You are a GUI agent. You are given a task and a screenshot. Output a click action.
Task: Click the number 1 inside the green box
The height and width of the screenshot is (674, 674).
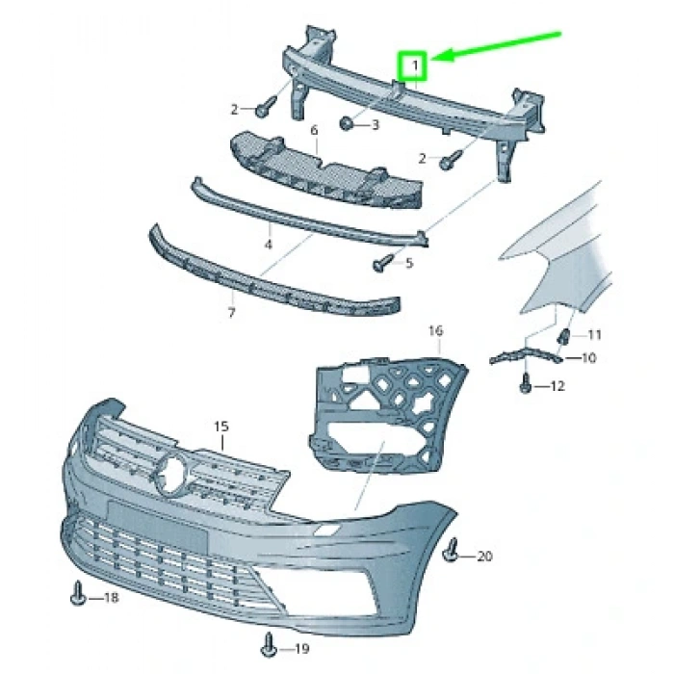pos(415,66)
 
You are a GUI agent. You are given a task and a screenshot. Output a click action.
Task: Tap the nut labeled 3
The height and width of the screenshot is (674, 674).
pos(348,123)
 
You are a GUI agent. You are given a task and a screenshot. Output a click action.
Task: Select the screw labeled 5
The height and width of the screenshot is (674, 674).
pos(381,261)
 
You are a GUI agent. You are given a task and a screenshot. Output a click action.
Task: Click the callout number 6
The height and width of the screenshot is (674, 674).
pos(314,129)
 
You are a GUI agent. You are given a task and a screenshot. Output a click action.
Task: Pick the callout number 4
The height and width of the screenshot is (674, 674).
pos(269,245)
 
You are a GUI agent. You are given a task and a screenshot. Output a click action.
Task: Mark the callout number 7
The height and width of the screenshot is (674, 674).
pos(231,313)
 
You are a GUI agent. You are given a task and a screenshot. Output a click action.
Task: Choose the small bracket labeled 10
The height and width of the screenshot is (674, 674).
pos(525,354)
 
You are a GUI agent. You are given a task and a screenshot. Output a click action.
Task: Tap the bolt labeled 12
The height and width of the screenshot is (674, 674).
pos(526,386)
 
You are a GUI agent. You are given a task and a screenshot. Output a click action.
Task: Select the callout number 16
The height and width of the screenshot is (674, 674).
pos(435,331)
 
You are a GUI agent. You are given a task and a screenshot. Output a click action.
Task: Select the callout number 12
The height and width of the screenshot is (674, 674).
pos(557,386)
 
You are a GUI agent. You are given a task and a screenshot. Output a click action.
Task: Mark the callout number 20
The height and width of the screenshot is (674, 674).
pos(483,557)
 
